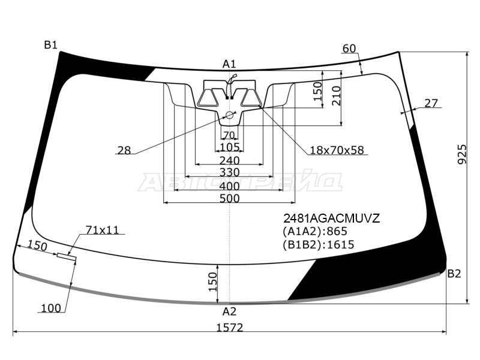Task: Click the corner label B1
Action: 50,46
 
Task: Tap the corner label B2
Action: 454,274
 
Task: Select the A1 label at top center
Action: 229,64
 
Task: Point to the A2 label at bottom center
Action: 229,311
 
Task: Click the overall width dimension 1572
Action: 230,328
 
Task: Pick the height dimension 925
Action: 462,155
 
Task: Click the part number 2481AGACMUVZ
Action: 332,218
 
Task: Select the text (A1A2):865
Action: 315,231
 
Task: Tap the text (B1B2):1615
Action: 319,245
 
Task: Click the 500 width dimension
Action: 230,199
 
